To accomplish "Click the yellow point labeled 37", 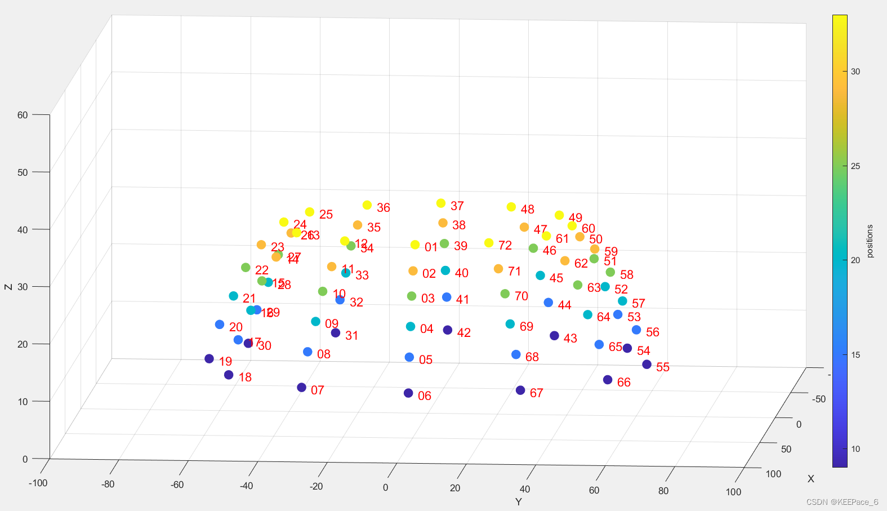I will pyautogui.click(x=441, y=203).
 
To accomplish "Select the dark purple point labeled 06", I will pyautogui.click(x=408, y=393).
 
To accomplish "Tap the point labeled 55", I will pyautogui.click(x=647, y=365).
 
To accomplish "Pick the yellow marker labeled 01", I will pyautogui.click(x=415, y=245).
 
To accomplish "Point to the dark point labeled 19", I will pyautogui.click(x=209, y=359).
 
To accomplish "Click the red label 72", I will pyautogui.click(x=505, y=246).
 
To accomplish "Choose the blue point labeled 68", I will pyautogui.click(x=516, y=354).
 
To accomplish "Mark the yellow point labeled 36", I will pyautogui.click(x=367, y=205).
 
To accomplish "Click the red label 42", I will pyautogui.click(x=464, y=333).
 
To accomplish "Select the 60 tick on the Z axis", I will pyautogui.click(x=23, y=115).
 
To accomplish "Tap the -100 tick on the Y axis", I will pyautogui.click(x=38, y=483).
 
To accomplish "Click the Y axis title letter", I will pyautogui.click(x=518, y=501).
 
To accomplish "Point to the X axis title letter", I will pyautogui.click(x=810, y=479).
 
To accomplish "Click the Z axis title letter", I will pyautogui.click(x=8, y=287).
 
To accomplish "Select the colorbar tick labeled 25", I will pyautogui.click(x=855, y=166).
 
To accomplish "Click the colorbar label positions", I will pyautogui.click(x=870, y=241).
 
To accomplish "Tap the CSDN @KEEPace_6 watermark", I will pyautogui.click(x=842, y=502).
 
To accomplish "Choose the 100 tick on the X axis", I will pyautogui.click(x=773, y=474).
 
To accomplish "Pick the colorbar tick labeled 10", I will pyautogui.click(x=855, y=449).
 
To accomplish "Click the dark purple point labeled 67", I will pyautogui.click(x=520, y=390).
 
